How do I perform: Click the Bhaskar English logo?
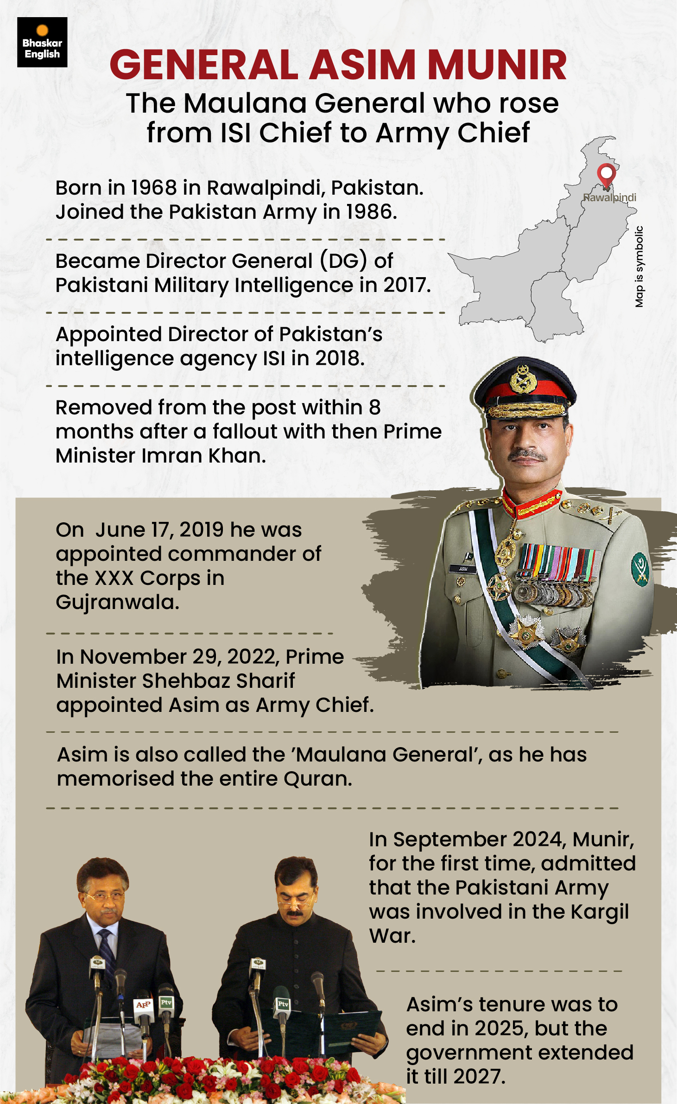[42, 42]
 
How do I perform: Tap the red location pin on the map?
[606, 175]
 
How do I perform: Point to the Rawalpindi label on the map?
[609, 197]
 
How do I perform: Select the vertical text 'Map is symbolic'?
[639, 266]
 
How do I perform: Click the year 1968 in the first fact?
[154, 188]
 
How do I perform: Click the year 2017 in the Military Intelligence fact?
[406, 285]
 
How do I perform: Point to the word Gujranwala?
[117, 602]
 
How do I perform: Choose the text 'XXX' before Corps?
[114, 578]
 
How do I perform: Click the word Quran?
[318, 779]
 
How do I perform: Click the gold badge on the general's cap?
[523, 379]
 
